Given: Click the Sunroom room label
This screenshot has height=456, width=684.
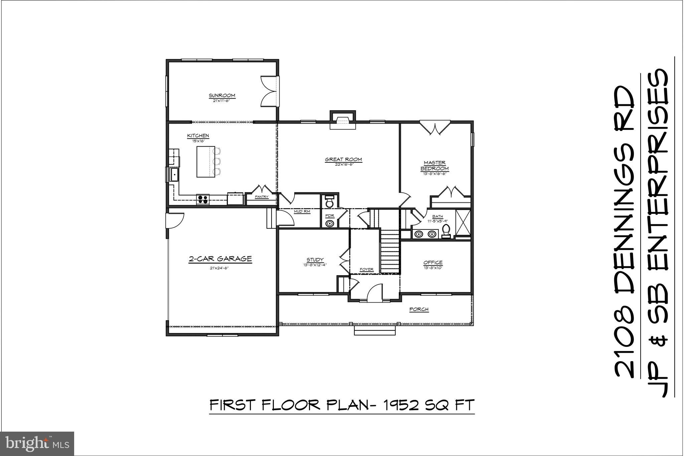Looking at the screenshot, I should click(x=222, y=96).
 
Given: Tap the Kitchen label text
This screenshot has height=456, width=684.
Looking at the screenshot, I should click(x=198, y=136).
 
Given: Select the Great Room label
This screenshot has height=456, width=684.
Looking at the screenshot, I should click(x=343, y=159).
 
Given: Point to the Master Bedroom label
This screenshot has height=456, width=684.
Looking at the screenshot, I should click(x=435, y=166).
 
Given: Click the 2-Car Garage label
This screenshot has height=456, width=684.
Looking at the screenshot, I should click(x=220, y=259).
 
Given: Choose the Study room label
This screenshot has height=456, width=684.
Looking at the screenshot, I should click(x=315, y=260).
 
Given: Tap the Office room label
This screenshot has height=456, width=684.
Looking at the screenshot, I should click(x=433, y=263).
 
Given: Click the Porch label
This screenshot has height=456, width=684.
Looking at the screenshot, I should click(x=419, y=309).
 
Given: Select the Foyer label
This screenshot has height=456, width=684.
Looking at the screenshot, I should click(x=366, y=269).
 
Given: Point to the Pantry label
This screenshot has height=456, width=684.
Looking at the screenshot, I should click(x=262, y=197).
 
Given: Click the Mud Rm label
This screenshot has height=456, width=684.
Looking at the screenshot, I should click(x=302, y=211).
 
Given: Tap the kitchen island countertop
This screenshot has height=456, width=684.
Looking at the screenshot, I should click(x=205, y=161).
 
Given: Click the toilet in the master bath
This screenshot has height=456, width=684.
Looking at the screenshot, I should click(x=446, y=231).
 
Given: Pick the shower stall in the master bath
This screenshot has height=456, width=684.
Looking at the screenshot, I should click(x=463, y=222).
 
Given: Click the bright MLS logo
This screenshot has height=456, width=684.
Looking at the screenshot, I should click(x=37, y=444).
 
